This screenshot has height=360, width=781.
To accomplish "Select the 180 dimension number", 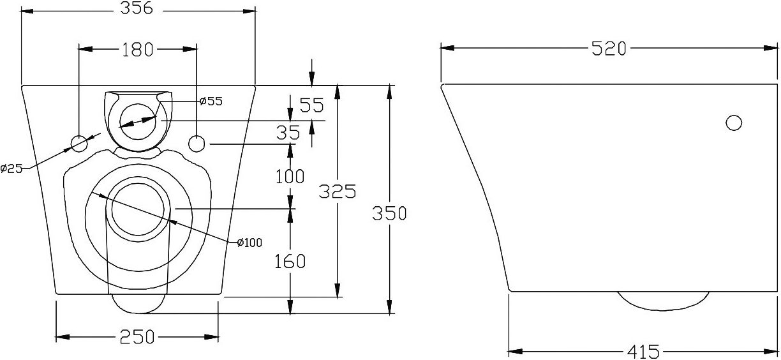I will point(138,50).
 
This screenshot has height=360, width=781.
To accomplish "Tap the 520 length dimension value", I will point(609,49).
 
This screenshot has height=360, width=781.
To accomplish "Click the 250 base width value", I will point(137,337).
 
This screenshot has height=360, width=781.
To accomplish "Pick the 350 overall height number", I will point(389,213).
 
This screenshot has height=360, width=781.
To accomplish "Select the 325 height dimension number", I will point(338,191).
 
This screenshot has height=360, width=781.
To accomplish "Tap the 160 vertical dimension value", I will point(290,261).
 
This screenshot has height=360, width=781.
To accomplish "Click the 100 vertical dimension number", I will point(290,176).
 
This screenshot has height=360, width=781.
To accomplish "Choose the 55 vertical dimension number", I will point(312,105).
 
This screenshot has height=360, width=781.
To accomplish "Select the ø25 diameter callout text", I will point(11,169).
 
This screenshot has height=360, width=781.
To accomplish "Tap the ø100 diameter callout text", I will point(249,242).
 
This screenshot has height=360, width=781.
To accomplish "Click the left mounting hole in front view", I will point(78,144).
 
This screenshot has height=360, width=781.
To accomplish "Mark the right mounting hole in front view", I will point(197,144).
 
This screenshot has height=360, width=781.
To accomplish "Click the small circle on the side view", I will point(734,123).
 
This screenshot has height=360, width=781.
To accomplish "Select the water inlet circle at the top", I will point(138,121).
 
